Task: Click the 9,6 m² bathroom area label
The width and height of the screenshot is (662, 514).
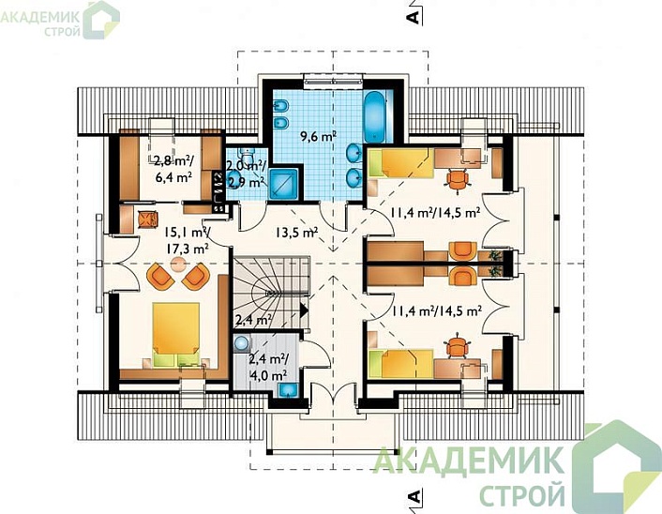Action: tap(318, 137)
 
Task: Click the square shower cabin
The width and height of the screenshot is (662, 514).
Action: tap(282, 182)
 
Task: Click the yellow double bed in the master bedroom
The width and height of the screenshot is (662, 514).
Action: tap(178, 334)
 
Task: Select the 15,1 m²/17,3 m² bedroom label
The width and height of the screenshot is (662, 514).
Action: tap(186, 240)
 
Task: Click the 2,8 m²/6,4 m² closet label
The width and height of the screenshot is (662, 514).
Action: tap(173, 168)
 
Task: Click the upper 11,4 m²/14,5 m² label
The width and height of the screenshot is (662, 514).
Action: tap(433, 213)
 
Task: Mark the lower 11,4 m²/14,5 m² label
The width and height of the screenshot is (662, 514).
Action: tap(433, 310)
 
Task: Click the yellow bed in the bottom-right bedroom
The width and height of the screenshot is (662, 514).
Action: tap(400, 360)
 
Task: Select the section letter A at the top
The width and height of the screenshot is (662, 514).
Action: tap(410, 16)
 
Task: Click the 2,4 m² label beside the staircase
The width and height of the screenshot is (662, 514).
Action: tap(253, 321)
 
